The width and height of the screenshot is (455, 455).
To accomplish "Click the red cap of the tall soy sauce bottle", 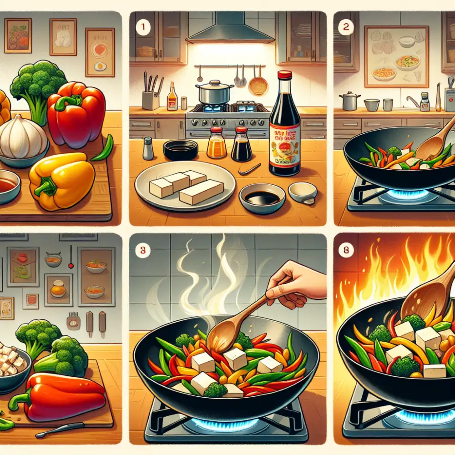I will click(285, 76).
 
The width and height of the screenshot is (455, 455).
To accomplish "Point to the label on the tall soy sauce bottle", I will click(284, 146).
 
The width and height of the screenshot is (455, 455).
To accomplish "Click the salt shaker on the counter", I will click(148, 149).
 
